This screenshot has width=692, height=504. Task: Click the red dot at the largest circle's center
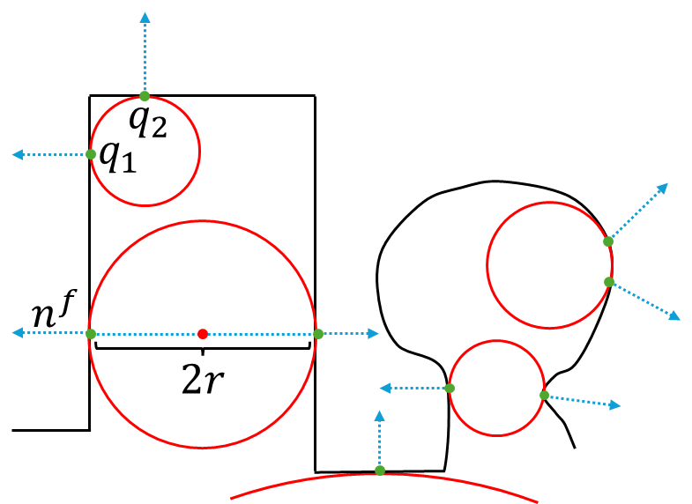click(x=203, y=334)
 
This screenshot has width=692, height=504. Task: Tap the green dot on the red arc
click(x=380, y=471)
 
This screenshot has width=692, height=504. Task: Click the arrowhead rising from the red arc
click(x=379, y=415)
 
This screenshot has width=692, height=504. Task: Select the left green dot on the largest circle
click(x=91, y=334)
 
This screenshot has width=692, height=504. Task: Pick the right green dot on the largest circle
click(x=318, y=334)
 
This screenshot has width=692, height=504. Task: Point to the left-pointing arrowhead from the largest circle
click(x=17, y=333)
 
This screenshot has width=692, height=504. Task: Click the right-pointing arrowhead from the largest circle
click(x=374, y=333)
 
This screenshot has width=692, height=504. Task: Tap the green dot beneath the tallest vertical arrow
click(x=145, y=96)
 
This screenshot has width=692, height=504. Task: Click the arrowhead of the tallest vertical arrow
click(x=145, y=17)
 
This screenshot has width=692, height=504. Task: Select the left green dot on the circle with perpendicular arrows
click(x=91, y=154)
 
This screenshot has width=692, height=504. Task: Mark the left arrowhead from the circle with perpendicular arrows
click(x=17, y=155)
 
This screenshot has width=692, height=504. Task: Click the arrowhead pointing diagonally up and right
click(x=663, y=188)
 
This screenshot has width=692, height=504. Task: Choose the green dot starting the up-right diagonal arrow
click(x=608, y=241)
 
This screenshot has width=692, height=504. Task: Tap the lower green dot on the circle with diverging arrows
click(x=609, y=282)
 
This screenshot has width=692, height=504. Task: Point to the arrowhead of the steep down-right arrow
click(x=674, y=315)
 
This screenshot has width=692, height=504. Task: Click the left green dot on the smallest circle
click(x=450, y=389)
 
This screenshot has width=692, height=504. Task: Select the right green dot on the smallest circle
click(x=544, y=395)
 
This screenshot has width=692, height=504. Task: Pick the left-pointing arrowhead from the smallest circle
click(x=385, y=389)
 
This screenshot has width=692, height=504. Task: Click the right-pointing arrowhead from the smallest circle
click(x=615, y=405)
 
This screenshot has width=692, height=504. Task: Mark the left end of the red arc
click(x=231, y=499)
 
